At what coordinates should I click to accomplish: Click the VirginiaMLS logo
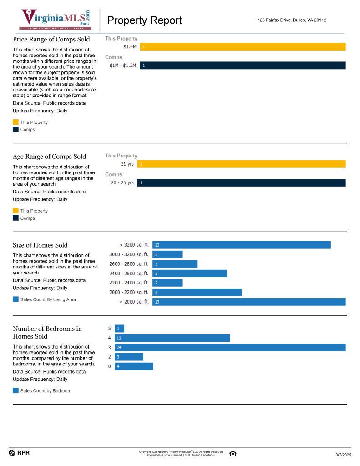[x=56, y=20]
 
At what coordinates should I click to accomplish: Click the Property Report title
[x=144, y=20]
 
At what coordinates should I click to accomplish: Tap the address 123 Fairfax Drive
[x=291, y=20]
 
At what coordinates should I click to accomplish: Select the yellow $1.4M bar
[x=243, y=46]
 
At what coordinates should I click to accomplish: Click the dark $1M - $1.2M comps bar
[x=243, y=66]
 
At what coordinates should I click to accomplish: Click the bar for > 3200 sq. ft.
[x=241, y=245]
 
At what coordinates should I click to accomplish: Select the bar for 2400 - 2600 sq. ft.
[x=189, y=274]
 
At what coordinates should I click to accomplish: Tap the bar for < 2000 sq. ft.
[x=249, y=302]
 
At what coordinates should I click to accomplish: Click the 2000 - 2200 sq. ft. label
[x=129, y=292]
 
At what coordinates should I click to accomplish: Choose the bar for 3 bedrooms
[x=230, y=348]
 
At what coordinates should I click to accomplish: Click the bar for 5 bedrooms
[x=119, y=329]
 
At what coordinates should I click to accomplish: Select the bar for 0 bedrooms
[x=134, y=366]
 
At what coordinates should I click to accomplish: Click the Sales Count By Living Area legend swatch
[x=16, y=299]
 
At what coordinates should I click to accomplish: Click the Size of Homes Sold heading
[x=40, y=245]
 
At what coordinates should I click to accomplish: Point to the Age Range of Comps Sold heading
[x=49, y=157]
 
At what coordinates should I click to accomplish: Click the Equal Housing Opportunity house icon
[x=233, y=453]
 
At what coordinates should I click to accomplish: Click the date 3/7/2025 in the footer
[x=343, y=455]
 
